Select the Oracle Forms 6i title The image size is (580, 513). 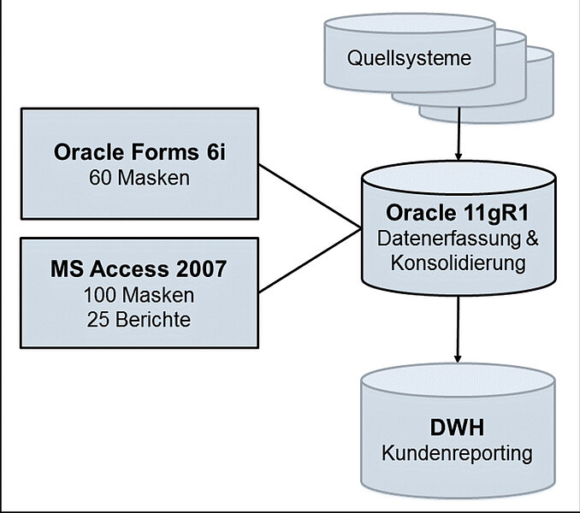click(x=138, y=153)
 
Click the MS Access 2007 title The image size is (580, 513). click(x=138, y=270)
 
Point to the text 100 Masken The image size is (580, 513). click(x=138, y=295)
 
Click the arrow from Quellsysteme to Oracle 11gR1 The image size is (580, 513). click(x=459, y=137)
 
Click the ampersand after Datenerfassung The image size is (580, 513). click(x=531, y=239)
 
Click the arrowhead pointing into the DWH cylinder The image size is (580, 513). click(x=459, y=354)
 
